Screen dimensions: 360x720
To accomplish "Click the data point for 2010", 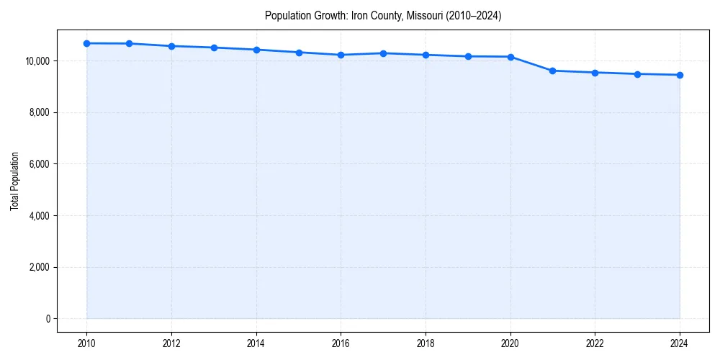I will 86,43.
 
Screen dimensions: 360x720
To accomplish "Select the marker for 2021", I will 552,71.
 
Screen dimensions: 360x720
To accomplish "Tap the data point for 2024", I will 680,75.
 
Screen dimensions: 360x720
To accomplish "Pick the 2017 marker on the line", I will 383,53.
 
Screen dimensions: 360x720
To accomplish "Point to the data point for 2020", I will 510,57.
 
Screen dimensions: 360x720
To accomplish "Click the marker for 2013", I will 214,48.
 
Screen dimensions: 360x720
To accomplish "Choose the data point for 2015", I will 299,53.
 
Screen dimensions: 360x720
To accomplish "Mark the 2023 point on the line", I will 637,74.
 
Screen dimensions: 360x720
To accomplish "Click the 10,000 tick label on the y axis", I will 38,61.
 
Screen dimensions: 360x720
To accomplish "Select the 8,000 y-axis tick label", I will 40,112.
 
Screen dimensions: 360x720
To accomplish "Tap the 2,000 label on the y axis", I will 40,268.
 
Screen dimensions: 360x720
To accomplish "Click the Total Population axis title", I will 14,181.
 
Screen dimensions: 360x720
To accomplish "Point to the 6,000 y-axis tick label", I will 40,164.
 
